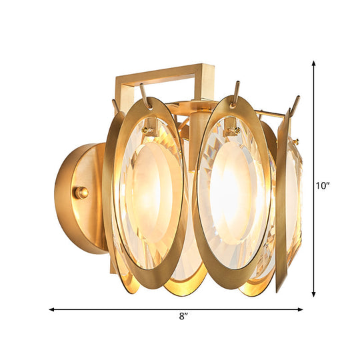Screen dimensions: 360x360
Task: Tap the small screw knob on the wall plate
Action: pyautogui.click(x=82, y=192)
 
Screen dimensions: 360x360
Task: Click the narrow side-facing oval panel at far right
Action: pyautogui.click(x=289, y=193)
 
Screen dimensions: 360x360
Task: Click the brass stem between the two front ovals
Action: pyautogui.click(x=195, y=133)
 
